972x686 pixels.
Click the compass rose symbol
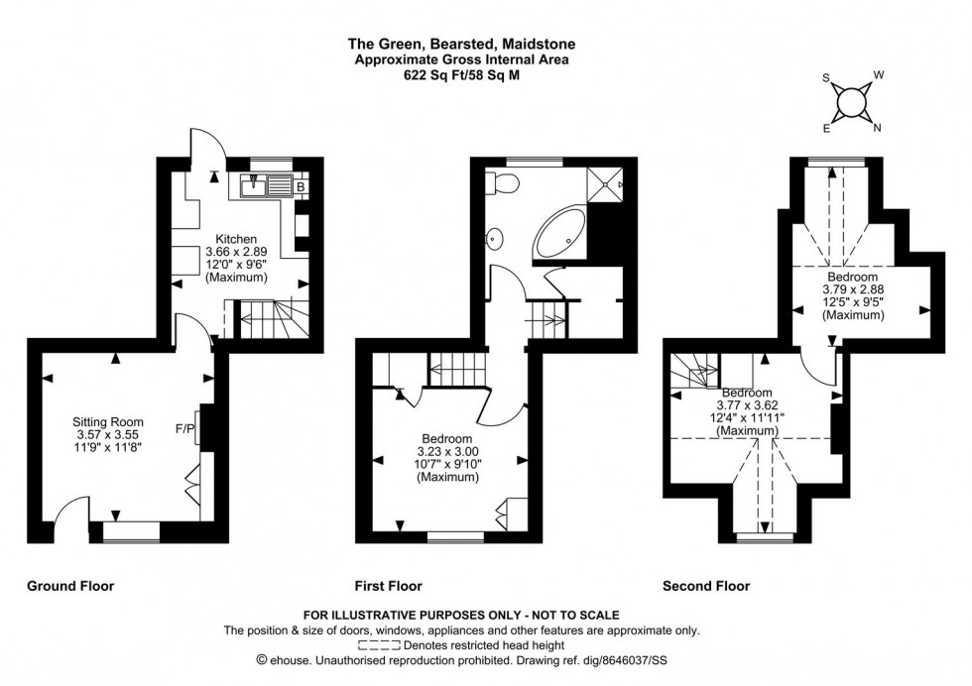[851, 101]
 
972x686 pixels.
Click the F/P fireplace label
[184, 429]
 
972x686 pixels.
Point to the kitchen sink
[255, 184]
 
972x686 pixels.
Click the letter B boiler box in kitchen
[300, 184]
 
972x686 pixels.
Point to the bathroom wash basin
[495, 239]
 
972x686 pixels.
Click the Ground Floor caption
[69, 586]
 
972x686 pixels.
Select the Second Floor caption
[706, 586]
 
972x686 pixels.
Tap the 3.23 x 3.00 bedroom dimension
[445, 451]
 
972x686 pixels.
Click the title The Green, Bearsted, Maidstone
[460, 44]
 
